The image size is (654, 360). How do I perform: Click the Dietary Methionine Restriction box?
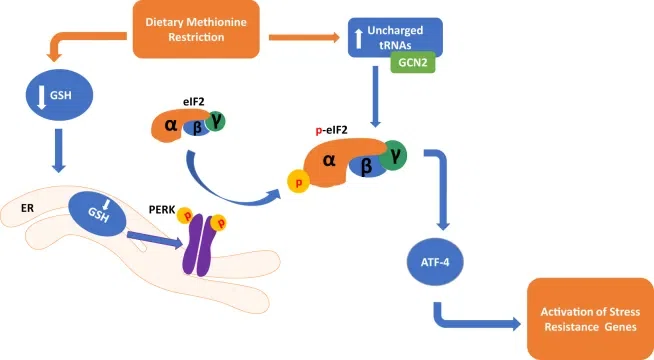point(196,29)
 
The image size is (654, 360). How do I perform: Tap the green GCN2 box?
point(413,63)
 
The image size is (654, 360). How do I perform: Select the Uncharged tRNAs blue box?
point(395,37)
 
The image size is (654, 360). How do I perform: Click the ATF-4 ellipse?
point(435,262)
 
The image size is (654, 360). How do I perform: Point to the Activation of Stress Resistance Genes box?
point(590,319)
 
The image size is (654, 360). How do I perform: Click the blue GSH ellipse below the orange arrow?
point(60,95)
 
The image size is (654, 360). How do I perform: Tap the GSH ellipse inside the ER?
point(98,214)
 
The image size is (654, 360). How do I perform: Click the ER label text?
point(27,208)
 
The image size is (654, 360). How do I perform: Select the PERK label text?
point(162,209)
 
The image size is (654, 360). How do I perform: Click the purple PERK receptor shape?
point(199,245)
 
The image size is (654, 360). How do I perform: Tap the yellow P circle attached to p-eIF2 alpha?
point(298,182)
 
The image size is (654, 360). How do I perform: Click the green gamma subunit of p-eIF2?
point(393,156)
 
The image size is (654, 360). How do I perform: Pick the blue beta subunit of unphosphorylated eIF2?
point(197,128)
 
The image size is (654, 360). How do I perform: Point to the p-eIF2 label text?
point(332,131)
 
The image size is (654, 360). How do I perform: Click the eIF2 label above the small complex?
point(194,101)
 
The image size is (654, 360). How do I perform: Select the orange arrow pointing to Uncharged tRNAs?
point(304,38)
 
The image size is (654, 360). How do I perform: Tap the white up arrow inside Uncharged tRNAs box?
point(358,38)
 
